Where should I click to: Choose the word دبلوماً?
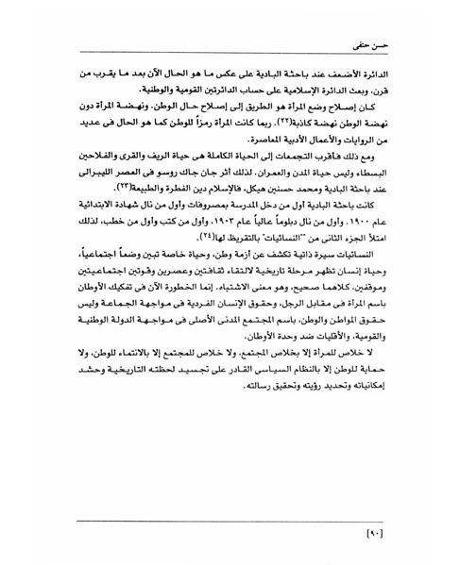point(313,223)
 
